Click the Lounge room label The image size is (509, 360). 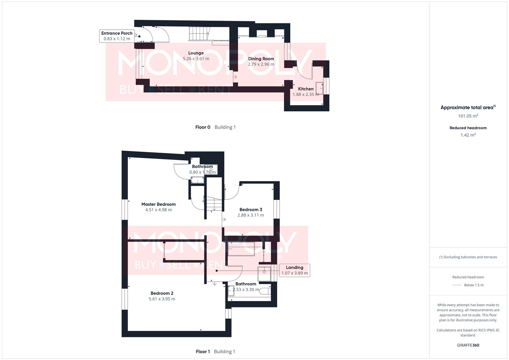[196, 53]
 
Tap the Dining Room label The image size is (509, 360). [261, 59]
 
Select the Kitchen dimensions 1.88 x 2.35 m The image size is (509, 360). [306, 94]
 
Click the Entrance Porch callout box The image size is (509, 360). [117, 36]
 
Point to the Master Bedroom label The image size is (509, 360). [158, 204]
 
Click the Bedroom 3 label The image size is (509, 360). [251, 210]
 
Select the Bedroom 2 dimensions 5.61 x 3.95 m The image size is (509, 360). [162, 299]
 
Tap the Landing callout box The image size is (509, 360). [294, 270]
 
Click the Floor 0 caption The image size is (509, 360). [203, 127]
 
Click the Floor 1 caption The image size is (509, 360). [203, 351]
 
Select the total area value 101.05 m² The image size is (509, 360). [468, 116]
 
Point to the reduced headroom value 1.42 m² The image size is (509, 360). [468, 135]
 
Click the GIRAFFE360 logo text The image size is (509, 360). [468, 345]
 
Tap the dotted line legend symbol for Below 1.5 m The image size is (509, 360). [457, 285]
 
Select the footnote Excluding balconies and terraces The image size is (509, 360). [468, 257]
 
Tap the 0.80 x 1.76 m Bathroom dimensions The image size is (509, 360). [202, 172]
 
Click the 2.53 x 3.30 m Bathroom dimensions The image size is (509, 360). [246, 290]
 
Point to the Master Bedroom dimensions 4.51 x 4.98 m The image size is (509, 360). [158, 210]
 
